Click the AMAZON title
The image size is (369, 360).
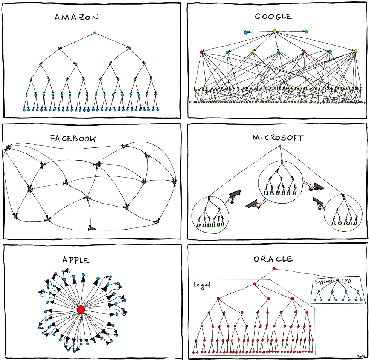tap(77, 17)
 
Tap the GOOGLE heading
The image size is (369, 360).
tap(273, 16)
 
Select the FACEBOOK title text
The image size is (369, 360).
tap(73, 138)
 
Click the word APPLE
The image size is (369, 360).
tap(76, 260)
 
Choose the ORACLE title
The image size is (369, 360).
tap(273, 259)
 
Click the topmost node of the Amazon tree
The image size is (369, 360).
tap(95, 34)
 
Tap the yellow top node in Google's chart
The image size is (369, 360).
tap(274, 31)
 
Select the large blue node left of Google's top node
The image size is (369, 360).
tap(246, 32)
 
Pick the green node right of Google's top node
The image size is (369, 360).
tap(306, 31)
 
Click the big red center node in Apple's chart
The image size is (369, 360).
tap(81, 309)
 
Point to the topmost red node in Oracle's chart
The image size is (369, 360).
tap(274, 268)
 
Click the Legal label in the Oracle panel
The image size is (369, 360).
tap(201, 285)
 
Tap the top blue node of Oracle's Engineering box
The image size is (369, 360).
tap(337, 280)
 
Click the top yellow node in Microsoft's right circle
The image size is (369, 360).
tap(344, 197)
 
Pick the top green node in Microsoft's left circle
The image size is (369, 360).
tap(209, 198)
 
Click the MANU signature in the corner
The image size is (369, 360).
tap(361, 355)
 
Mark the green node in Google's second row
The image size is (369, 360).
tap(278, 52)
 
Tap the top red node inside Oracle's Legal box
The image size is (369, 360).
tap(255, 284)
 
